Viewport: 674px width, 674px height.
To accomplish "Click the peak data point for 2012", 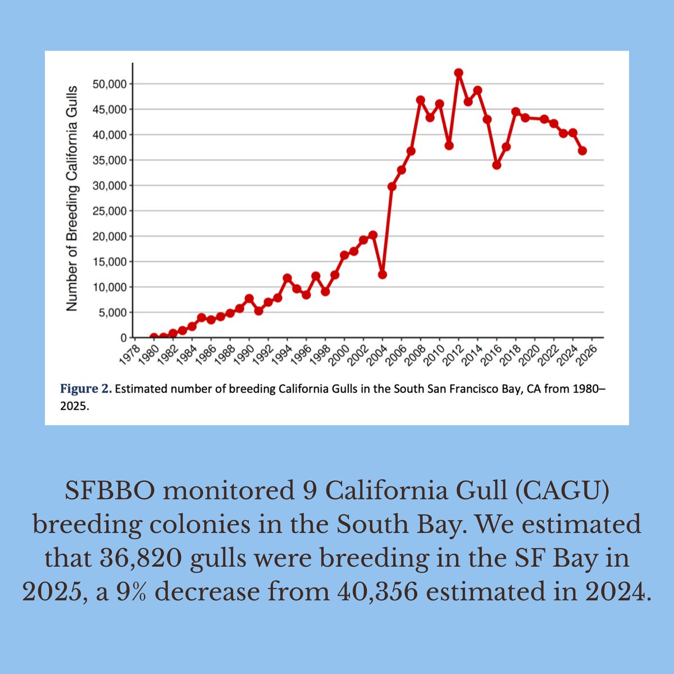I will pos(458,73).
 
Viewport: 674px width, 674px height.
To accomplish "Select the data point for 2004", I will pos(382,275).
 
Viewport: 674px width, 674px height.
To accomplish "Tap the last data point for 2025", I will pos(582,151).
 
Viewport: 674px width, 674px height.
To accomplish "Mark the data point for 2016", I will pos(497,165).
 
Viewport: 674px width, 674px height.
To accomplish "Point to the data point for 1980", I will pos(154,338).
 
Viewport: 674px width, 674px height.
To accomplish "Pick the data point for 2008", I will pos(420,100).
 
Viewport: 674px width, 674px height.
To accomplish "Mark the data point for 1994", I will pos(287,278).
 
